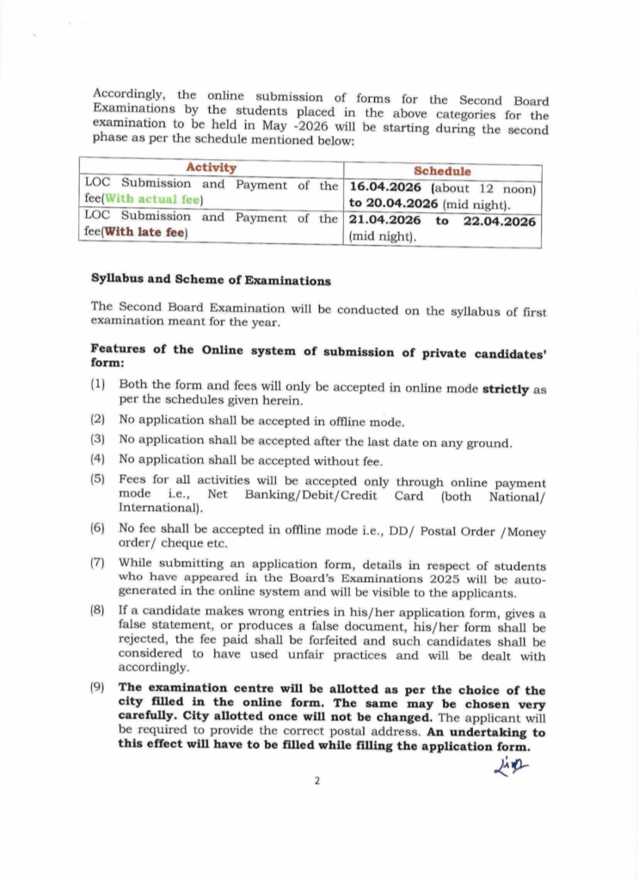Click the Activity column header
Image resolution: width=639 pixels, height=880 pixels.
pos(211,168)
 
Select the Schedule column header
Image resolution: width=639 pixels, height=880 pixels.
pos(442,172)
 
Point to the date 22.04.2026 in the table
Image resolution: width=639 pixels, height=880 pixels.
pos(500,221)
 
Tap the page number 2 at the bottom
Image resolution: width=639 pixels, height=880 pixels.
pos(316,780)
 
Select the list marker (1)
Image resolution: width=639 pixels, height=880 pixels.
pos(98,384)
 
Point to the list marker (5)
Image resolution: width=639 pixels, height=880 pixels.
pos(98,479)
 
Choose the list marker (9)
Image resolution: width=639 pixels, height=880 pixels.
pos(98,688)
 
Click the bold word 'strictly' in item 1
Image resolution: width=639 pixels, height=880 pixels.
pos(506,388)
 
